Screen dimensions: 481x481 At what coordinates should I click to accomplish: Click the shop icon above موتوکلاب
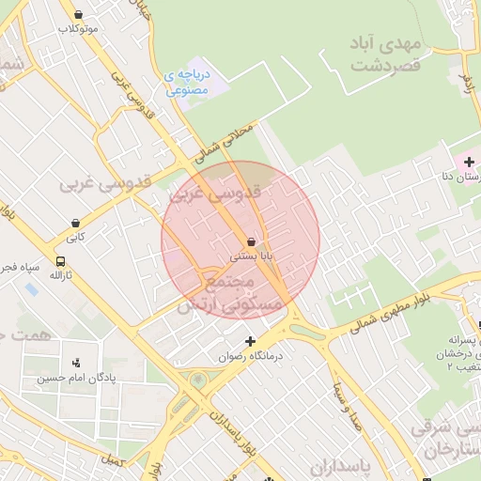point(77,15)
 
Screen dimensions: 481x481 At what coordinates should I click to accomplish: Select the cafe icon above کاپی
point(74,224)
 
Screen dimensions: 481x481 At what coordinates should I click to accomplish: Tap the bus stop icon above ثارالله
point(61,261)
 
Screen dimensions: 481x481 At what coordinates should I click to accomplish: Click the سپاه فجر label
point(20,267)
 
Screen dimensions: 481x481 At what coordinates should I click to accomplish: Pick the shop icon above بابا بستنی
point(252,241)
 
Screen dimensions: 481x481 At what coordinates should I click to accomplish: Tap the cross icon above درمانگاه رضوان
point(250,341)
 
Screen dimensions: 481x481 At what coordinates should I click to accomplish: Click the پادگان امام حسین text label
point(63,379)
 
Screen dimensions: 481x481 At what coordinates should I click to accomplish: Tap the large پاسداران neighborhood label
point(368,465)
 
